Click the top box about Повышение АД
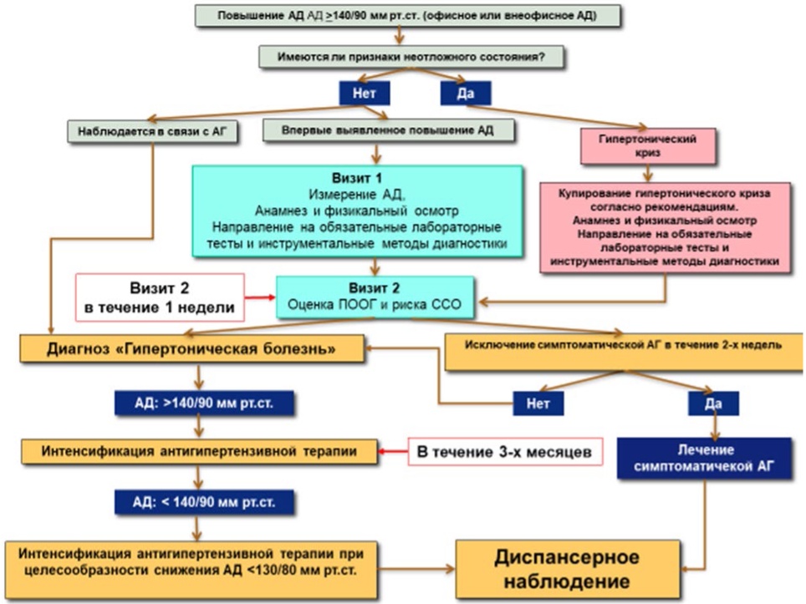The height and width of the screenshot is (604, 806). [x=407, y=16]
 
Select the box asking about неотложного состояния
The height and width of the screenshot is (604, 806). [x=411, y=57]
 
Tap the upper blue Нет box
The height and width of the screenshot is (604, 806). [x=364, y=94]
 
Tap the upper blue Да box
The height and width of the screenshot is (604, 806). [x=465, y=94]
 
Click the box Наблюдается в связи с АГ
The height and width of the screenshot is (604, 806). [x=152, y=131]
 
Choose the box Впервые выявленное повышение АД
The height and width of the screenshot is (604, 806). [x=388, y=130]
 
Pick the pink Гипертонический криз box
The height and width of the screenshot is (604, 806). [x=648, y=146]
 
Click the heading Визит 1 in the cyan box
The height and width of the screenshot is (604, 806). [x=357, y=178]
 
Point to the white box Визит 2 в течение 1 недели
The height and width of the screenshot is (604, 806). [x=160, y=298]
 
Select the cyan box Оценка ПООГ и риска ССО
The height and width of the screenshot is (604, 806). [x=375, y=297]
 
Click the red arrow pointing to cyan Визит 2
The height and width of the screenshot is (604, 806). [x=260, y=297]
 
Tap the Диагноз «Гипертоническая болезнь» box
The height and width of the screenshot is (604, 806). [x=191, y=348]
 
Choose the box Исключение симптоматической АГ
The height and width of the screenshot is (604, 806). [x=623, y=352]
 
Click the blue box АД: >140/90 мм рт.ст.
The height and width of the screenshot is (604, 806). [x=204, y=404]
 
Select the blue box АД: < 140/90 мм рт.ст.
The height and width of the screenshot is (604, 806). [x=204, y=502]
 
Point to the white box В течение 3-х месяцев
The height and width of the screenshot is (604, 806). [x=505, y=452]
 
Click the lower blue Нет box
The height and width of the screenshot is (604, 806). [x=538, y=404]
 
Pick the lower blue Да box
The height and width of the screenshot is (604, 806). [x=713, y=404]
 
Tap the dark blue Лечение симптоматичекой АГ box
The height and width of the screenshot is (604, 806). [x=704, y=458]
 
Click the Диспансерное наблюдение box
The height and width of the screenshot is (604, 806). [x=568, y=569]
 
